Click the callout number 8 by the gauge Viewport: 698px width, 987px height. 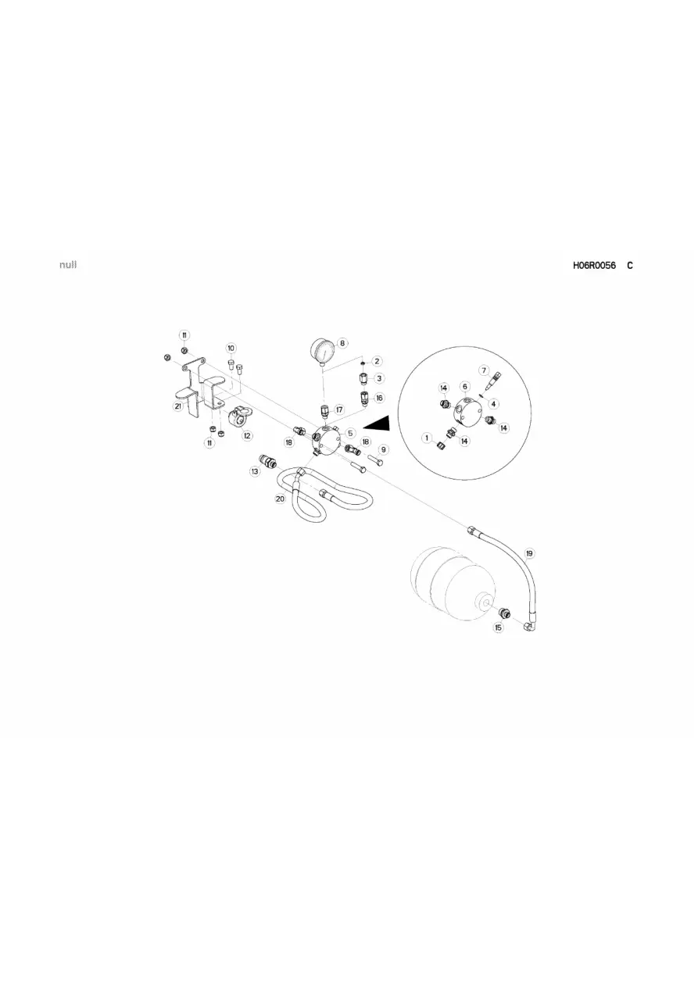pyautogui.click(x=342, y=343)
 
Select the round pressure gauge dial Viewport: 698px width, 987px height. pyautogui.click(x=323, y=350)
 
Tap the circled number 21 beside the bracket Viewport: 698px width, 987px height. pyautogui.click(x=177, y=406)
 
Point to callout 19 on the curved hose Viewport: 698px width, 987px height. pyautogui.click(x=529, y=553)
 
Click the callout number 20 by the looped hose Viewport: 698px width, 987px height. pyautogui.click(x=280, y=499)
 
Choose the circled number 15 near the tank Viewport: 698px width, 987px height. pyautogui.click(x=499, y=628)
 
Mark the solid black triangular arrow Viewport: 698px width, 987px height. pyautogui.click(x=378, y=424)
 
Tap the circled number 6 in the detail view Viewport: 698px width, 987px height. pyautogui.click(x=465, y=386)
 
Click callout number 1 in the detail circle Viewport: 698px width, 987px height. pyautogui.click(x=426, y=438)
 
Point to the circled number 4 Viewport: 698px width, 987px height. pyautogui.click(x=493, y=403)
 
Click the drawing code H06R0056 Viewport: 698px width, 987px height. pyautogui.click(x=594, y=265)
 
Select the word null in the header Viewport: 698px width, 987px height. pyautogui.click(x=68, y=264)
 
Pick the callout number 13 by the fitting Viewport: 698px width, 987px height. pyautogui.click(x=255, y=471)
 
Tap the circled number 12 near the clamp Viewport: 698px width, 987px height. pyautogui.click(x=247, y=435)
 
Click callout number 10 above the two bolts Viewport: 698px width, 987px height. pyautogui.click(x=231, y=348)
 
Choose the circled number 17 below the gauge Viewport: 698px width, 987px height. pyautogui.click(x=339, y=409)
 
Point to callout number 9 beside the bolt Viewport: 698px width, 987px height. pyautogui.click(x=383, y=449)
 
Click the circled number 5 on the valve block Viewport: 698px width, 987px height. pyautogui.click(x=350, y=433)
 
